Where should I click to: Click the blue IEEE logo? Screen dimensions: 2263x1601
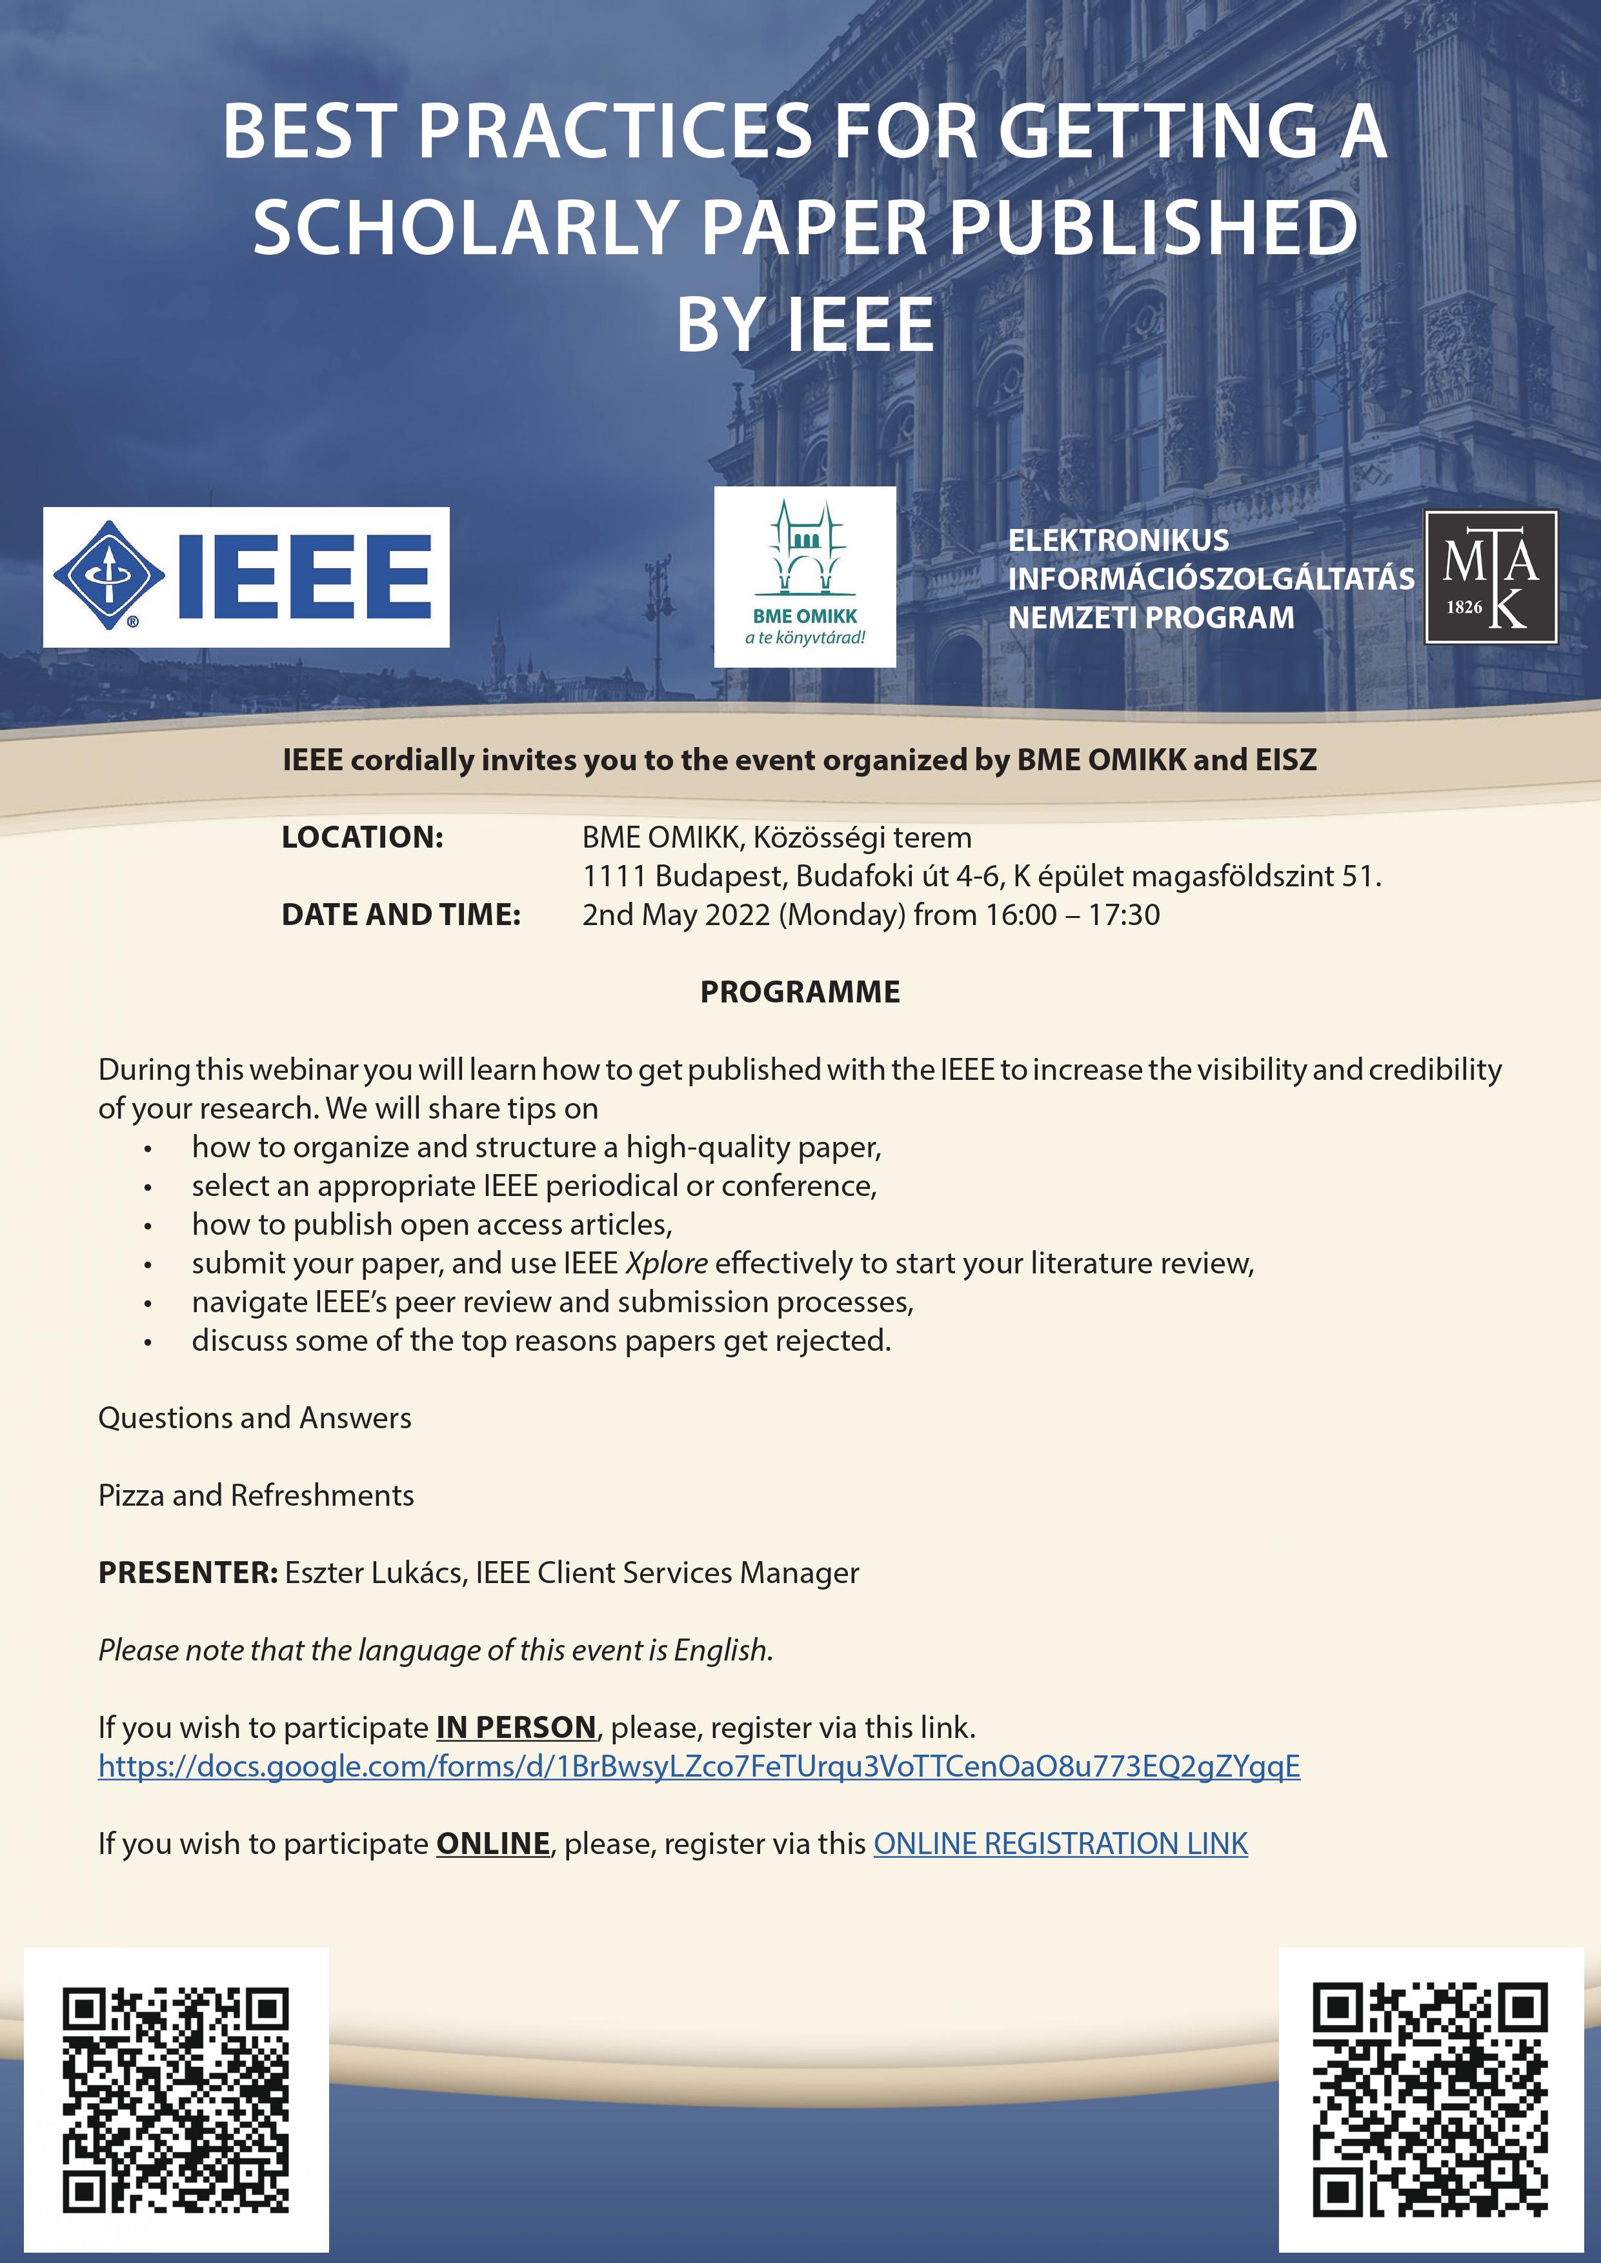pos(245,577)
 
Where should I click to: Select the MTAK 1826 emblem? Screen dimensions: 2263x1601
pos(1491,577)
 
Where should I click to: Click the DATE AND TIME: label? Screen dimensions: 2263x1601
pos(400,915)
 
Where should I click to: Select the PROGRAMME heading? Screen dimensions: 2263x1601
pos(800,992)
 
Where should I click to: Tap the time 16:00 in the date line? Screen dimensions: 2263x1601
pos(1020,915)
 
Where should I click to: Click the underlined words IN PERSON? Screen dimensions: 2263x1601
pos(516,1727)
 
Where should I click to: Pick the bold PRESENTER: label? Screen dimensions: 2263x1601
pos(187,1572)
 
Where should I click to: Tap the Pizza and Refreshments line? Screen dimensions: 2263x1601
pos(256,1495)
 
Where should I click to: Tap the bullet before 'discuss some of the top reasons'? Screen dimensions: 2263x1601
pos(148,1341)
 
